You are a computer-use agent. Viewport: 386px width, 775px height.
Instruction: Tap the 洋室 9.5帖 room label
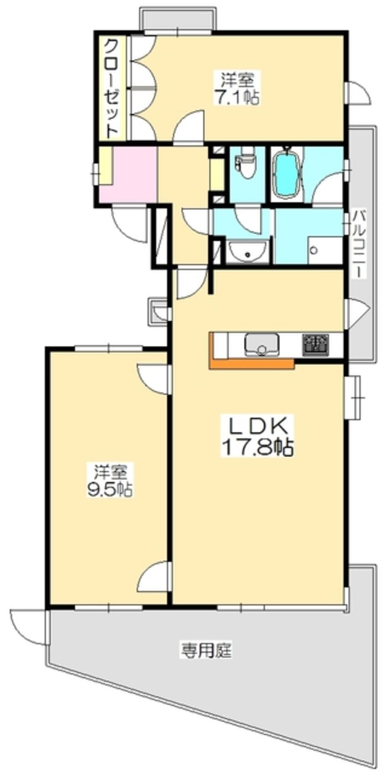pyautogui.click(x=110, y=480)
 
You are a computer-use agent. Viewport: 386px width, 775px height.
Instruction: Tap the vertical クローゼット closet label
pyautogui.click(x=111, y=89)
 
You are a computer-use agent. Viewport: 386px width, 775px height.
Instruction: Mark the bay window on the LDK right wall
pyautogui.click(x=353, y=397)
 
